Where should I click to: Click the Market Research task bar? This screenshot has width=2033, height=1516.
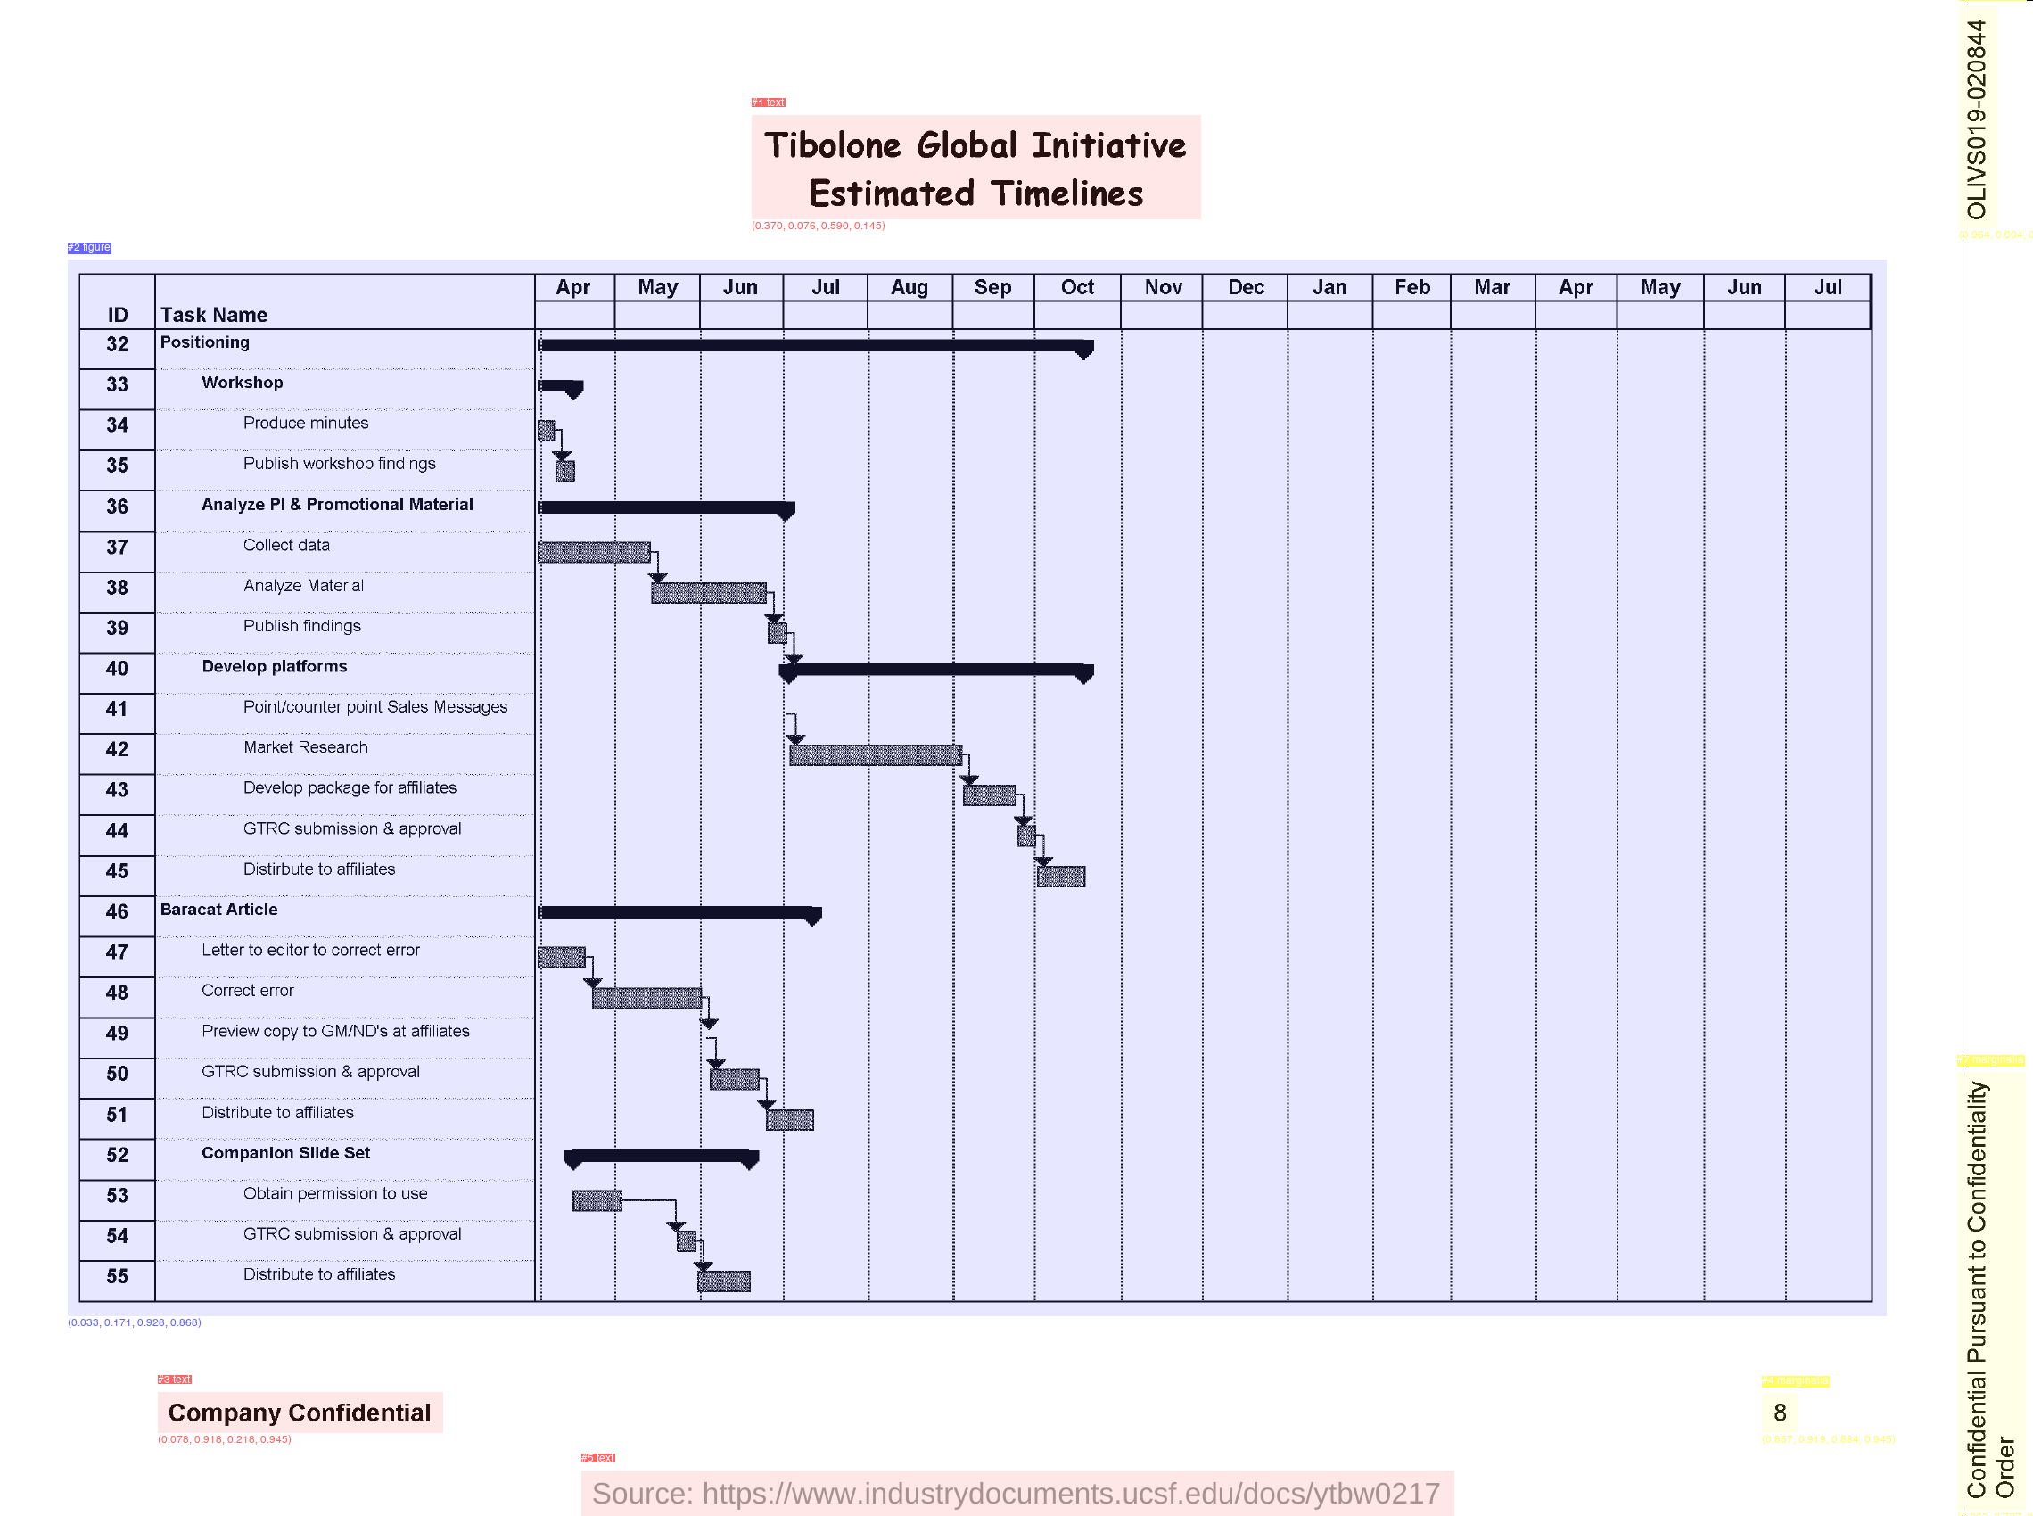click(x=876, y=755)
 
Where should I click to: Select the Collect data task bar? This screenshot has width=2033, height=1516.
click(x=594, y=552)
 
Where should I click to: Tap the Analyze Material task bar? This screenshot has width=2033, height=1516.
click(x=708, y=593)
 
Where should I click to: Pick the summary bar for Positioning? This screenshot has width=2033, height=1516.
click(x=813, y=346)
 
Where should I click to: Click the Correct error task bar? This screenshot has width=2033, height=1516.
click(x=646, y=999)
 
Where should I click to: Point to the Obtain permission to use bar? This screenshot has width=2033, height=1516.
click(x=597, y=1200)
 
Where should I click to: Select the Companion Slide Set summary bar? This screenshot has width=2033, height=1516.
click(x=661, y=1157)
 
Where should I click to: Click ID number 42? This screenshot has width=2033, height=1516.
click(x=117, y=750)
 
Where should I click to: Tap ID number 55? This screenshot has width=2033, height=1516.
click(x=117, y=1276)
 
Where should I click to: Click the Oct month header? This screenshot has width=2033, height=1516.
click(x=1077, y=288)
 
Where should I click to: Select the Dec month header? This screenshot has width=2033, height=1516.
click(x=1245, y=288)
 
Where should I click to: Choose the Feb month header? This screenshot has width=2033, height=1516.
click(x=1412, y=288)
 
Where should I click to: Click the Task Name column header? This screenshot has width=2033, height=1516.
click(x=214, y=315)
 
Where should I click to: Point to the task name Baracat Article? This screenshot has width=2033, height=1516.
click(x=218, y=910)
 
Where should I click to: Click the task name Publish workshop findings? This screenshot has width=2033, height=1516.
click(x=339, y=464)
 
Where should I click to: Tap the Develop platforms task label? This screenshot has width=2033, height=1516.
click(x=275, y=666)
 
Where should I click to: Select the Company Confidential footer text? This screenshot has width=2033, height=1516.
click(x=299, y=1413)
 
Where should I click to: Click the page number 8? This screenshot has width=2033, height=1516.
click(x=1780, y=1413)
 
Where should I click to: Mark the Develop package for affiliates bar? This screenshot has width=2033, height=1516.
click(x=989, y=795)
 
